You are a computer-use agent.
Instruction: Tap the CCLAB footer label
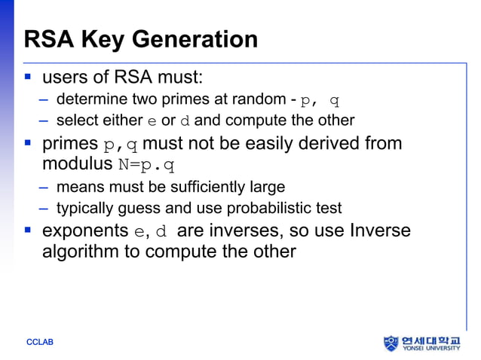tap(40, 343)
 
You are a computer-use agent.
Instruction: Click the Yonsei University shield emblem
tap(390, 343)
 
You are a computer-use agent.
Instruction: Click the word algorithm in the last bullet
tap(81, 251)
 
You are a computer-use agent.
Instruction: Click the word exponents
tap(84, 230)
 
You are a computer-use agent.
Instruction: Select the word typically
tap(83, 208)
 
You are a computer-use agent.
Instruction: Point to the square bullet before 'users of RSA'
tap(28, 77)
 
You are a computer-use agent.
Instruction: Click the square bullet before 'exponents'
tap(28, 229)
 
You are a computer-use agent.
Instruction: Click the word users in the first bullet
tap(64, 77)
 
